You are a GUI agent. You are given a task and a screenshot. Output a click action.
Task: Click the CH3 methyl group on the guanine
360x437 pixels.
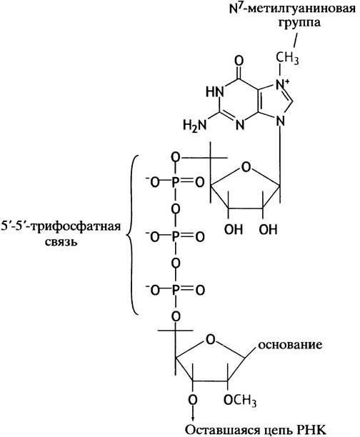(287, 59)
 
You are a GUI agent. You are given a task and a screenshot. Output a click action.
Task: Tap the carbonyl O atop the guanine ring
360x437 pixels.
(239, 61)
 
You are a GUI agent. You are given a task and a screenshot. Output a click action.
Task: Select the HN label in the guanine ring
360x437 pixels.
(215, 91)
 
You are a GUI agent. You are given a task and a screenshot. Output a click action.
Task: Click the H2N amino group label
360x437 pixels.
(195, 125)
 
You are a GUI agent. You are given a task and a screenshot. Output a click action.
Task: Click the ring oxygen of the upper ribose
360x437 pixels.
(246, 167)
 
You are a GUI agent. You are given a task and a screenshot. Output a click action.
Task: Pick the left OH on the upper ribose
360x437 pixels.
(234, 229)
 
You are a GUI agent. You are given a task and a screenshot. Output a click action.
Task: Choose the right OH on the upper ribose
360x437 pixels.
(269, 229)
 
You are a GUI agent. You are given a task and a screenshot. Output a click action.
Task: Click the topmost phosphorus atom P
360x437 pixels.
(176, 183)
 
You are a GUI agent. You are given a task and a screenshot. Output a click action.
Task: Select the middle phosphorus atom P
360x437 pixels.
(176, 237)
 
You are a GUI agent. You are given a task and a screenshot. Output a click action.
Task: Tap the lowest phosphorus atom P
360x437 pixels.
(176, 291)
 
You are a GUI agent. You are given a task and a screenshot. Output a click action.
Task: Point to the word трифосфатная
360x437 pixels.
(75, 226)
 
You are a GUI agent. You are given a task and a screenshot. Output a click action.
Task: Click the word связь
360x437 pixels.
(61, 242)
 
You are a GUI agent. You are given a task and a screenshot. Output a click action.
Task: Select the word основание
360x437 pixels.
(290, 345)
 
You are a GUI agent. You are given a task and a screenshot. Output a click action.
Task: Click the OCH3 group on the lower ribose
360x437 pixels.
(240, 401)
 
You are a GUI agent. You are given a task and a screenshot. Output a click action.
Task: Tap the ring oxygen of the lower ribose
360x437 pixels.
(211, 339)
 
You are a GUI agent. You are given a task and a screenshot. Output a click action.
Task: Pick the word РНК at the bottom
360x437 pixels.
(313, 430)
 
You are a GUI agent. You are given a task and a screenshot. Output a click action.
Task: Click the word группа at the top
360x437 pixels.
(299, 24)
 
